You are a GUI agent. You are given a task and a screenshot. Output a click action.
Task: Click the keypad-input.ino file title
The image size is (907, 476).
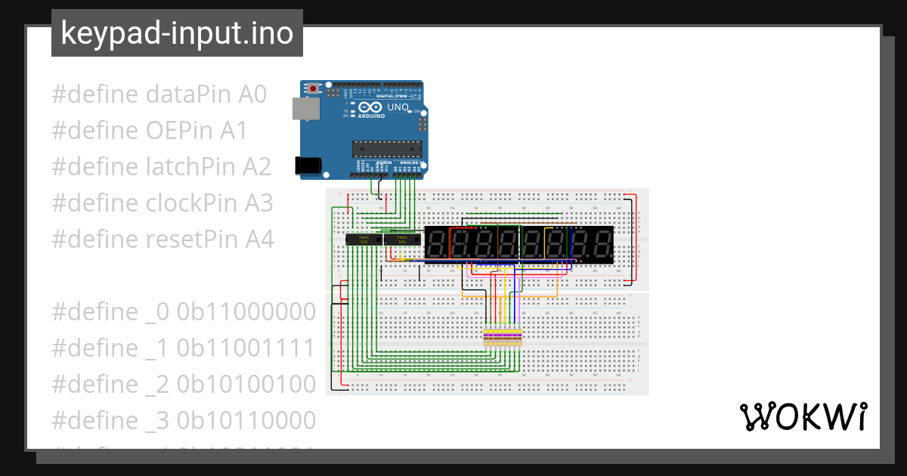(177, 34)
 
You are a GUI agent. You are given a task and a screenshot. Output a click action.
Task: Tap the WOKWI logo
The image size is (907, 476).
(803, 417)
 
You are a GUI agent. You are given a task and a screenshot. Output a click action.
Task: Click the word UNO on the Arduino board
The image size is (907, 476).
(398, 107)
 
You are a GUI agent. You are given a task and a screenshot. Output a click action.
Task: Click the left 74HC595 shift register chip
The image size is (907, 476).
(363, 240)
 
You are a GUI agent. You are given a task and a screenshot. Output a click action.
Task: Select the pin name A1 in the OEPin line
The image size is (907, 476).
(234, 131)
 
